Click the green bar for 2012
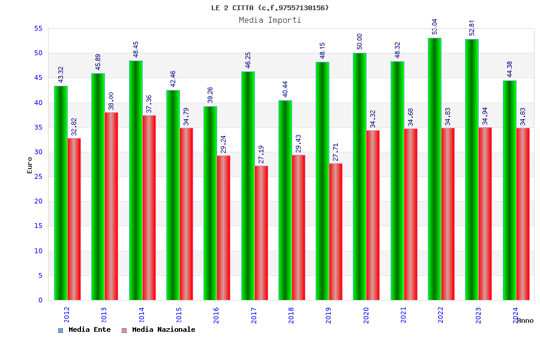click(61, 193)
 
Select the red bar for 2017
click(261, 233)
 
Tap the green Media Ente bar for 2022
click(434, 169)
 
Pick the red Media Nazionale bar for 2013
click(111, 206)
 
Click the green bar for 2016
click(210, 203)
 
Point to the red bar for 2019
click(336, 232)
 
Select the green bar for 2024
click(509, 190)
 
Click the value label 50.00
click(360, 41)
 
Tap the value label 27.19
click(261, 154)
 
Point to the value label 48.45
click(136, 49)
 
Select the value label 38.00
click(111, 101)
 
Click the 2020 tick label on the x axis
click(366, 315)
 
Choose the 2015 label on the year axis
click(179, 315)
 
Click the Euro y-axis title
click(29, 165)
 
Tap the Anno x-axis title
click(525, 320)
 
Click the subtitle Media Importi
click(270, 20)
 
